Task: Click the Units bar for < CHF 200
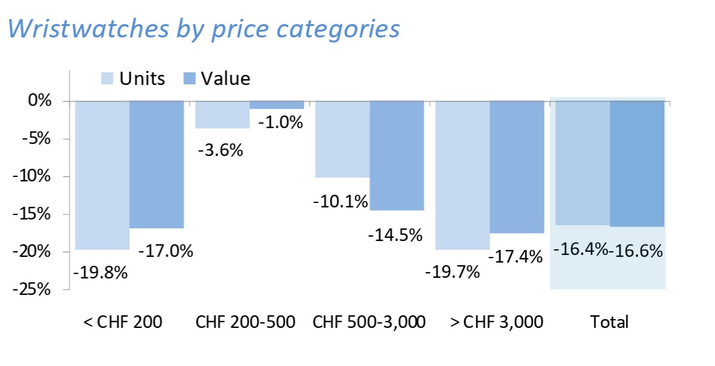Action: click(x=102, y=174)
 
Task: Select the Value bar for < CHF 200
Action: click(x=157, y=164)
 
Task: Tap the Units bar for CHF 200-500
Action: click(x=222, y=115)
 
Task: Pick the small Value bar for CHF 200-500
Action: click(x=277, y=105)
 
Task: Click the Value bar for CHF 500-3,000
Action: click(x=397, y=155)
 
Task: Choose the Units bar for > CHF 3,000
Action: click(x=462, y=174)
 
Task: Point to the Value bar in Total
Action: click(x=637, y=163)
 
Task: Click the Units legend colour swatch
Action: click(x=107, y=79)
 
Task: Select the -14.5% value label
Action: click(x=395, y=235)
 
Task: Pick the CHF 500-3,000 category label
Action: click(x=369, y=322)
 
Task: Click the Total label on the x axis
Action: click(x=609, y=322)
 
